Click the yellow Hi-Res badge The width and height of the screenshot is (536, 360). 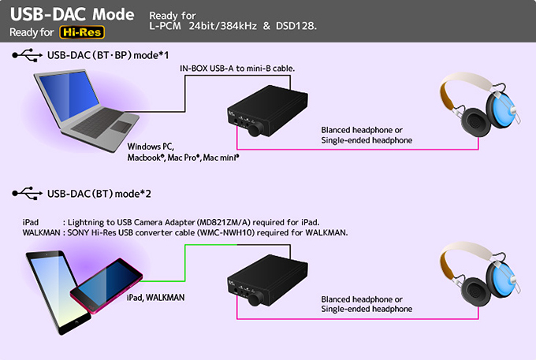click(82, 32)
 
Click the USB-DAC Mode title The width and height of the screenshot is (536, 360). click(73, 14)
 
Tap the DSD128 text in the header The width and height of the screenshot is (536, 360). click(296, 26)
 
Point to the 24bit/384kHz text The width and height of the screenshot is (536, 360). click(223, 26)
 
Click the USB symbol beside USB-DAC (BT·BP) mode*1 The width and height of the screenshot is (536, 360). click(28, 55)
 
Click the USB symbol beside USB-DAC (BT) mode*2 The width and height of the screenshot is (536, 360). click(28, 193)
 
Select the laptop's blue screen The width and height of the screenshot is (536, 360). click(69, 96)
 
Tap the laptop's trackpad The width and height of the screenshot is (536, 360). click(121, 126)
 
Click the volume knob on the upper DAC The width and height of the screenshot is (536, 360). click(255, 129)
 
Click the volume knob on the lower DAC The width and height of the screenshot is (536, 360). click(255, 299)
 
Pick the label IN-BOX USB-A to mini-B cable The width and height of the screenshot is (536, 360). click(237, 69)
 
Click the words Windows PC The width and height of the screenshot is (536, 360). click(151, 147)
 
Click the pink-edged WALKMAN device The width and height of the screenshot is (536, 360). click(106, 285)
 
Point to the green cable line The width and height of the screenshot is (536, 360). click(185, 263)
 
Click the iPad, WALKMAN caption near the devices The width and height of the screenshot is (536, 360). click(155, 298)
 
